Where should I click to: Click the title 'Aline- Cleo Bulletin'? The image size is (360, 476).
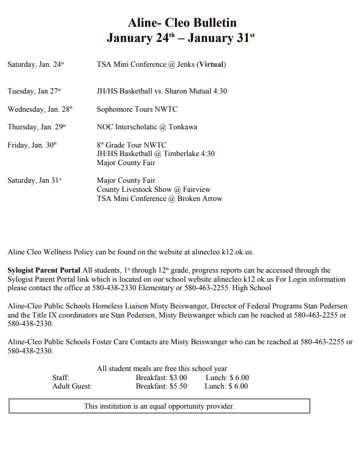(182, 23)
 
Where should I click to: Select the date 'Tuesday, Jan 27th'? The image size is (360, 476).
(34, 91)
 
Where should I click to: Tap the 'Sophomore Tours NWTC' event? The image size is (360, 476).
(137, 109)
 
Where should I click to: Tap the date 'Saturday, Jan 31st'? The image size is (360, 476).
(35, 180)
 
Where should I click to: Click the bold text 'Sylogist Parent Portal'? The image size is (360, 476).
(44, 270)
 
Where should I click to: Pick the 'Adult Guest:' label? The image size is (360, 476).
(72, 386)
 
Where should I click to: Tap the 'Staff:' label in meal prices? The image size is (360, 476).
(61, 377)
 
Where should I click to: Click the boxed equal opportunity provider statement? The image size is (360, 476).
(159, 406)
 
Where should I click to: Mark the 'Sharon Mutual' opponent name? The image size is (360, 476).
(190, 91)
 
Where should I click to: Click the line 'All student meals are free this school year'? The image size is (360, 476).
(162, 369)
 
